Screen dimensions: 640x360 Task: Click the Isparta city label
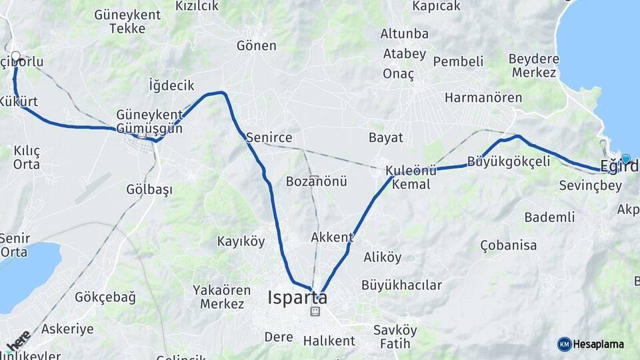297,297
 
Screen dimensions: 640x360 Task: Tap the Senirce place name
269,137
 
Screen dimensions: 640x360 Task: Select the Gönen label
256,45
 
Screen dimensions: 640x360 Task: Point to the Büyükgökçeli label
509,161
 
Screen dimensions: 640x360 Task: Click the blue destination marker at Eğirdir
625,159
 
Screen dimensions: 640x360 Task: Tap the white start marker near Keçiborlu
15,56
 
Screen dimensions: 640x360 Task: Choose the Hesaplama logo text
599,344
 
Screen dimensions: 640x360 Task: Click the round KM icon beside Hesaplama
564,344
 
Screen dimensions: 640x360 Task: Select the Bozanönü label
317,181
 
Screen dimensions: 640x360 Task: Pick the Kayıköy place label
241,241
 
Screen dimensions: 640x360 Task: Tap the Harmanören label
483,97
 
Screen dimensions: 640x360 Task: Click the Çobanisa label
508,245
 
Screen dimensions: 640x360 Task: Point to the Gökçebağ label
105,297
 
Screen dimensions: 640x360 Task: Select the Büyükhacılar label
401,285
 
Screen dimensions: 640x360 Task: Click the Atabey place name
404,53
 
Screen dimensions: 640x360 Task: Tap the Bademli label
549,217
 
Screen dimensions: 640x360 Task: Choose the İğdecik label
171,85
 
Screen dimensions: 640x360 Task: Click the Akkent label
332,237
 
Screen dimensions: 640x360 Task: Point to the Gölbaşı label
149,189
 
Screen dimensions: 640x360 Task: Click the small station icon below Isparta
315,311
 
